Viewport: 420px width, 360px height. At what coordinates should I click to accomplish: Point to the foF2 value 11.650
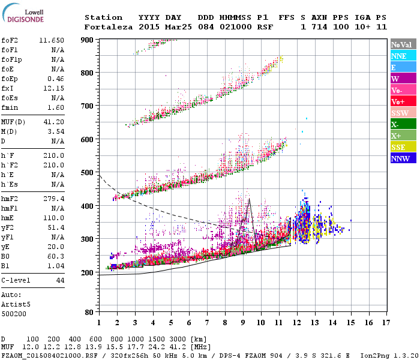52,39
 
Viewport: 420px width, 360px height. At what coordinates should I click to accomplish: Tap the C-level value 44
60,280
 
